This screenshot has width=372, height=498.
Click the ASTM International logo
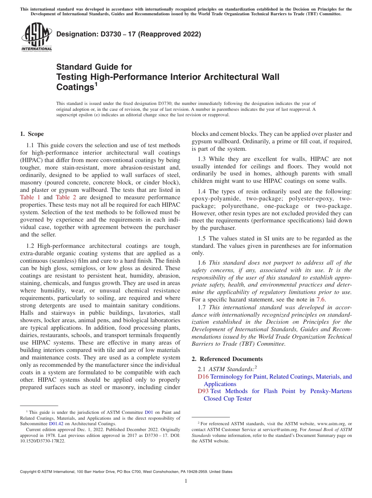[36, 37]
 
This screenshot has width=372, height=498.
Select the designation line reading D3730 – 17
[129, 34]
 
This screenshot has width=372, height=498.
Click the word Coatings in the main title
[75, 87]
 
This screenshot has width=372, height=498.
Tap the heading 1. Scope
[32, 134]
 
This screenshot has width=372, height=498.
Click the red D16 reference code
[203, 377]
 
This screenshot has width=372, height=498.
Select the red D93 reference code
[203, 391]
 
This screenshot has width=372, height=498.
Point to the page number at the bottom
[186, 481]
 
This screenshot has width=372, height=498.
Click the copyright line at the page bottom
[126, 472]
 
